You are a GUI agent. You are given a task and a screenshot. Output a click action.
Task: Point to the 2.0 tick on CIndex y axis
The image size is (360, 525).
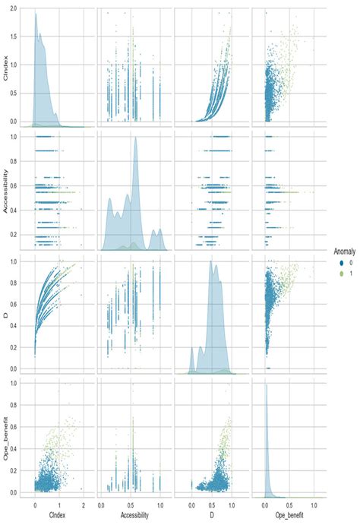(x=21, y=13)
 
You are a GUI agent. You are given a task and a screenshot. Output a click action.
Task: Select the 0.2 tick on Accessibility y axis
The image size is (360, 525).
(x=21, y=236)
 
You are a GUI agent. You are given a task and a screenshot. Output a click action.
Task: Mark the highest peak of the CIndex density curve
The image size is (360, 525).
(x=36, y=14)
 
